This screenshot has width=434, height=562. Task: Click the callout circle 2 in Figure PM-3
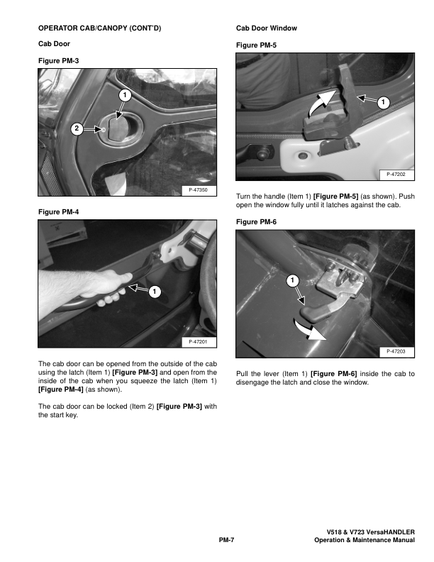77,128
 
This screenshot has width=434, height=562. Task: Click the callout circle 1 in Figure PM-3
125,95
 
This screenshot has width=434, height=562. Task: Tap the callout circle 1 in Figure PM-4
155,292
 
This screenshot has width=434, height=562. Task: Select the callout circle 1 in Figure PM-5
383,102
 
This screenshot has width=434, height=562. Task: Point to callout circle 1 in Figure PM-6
293,280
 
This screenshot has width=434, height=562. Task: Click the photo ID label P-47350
198,190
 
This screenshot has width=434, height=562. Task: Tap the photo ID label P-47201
198,342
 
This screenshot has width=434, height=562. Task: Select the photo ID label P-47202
396,175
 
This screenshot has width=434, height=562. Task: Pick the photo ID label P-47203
396,352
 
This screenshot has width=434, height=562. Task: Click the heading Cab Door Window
267,28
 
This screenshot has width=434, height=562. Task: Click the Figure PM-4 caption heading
58,212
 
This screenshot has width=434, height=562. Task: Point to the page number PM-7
226,540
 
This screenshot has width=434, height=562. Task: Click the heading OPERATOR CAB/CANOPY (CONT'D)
99,28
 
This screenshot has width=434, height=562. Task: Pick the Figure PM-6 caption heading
256,222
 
